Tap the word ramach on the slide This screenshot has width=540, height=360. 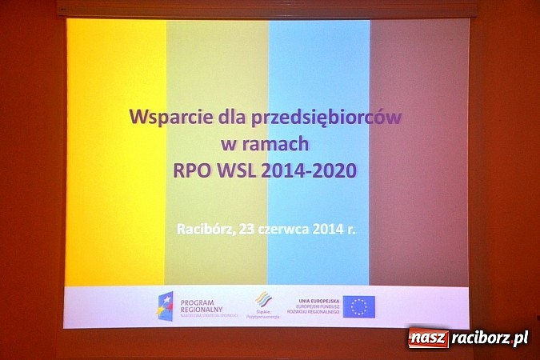tap(279, 144)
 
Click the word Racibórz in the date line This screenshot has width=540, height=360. tap(203, 228)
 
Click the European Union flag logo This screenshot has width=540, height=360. tap(359, 306)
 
